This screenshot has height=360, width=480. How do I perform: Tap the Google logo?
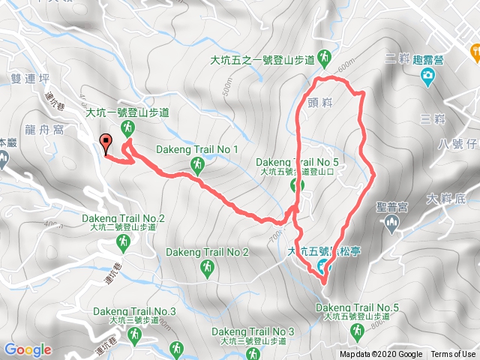coord(27,349)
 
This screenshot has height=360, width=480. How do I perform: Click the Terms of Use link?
coord(452,355)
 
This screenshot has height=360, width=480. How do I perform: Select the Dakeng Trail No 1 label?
coord(197,149)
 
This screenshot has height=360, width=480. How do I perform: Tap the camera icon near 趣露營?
coord(427,75)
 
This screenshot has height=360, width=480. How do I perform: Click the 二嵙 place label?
coord(395,59)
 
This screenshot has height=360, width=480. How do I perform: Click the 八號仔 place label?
coord(455,143)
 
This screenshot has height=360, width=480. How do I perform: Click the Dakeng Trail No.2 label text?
coord(123,218)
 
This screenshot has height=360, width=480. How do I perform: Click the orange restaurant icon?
coord(474,52)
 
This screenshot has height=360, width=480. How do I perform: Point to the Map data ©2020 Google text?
coord(380,355)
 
